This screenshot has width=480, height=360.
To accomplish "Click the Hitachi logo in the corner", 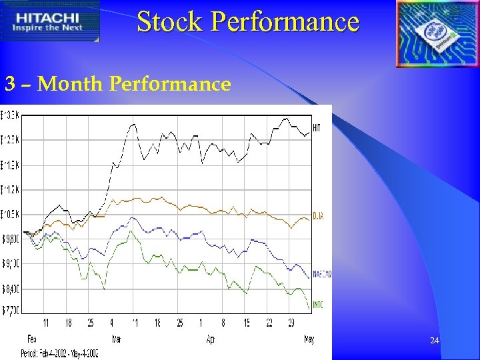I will [50, 21].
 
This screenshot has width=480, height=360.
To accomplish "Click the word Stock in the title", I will [170, 21].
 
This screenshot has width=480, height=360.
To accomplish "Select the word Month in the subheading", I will [71, 84].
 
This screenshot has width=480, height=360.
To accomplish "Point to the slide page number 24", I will [435, 341].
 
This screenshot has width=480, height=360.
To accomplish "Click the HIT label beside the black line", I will [317, 128].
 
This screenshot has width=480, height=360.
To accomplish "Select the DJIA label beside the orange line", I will [318, 216].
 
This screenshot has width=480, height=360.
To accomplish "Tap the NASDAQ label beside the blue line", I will [322, 274].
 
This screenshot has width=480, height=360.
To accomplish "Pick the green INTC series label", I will [318, 305].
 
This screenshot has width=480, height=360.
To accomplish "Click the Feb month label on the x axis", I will [31, 339].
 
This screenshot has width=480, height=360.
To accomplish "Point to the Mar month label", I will [117, 339].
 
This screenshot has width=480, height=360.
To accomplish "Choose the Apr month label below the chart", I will [211, 339].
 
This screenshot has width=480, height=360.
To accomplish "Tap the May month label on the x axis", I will [309, 339].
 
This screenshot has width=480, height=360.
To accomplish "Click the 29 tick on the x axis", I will [291, 323].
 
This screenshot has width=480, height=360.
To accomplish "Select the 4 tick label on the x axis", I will [112, 323].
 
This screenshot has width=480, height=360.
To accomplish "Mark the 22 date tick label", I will [269, 323].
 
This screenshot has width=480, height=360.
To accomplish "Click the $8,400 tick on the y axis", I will [11, 289].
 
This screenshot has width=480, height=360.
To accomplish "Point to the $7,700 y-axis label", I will [11, 309].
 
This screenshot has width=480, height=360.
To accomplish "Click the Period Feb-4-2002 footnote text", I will [59, 353].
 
